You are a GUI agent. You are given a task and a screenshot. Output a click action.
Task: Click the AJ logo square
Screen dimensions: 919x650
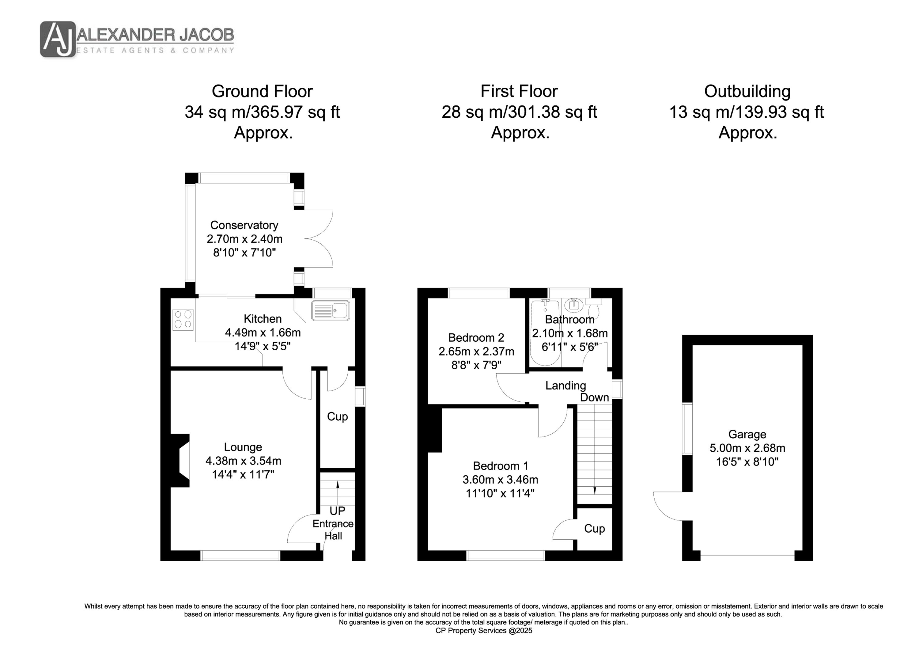pyautogui.click(x=58, y=39)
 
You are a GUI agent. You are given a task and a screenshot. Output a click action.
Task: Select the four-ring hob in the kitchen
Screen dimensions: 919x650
pyautogui.click(x=183, y=320)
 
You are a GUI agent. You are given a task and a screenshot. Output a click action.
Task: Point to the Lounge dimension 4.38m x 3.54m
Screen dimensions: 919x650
pyautogui.click(x=243, y=461)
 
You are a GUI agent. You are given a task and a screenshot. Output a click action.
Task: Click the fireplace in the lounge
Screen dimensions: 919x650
pyautogui.click(x=180, y=461)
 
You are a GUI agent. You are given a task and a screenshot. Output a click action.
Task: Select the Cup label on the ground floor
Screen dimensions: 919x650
pyautogui.click(x=337, y=417)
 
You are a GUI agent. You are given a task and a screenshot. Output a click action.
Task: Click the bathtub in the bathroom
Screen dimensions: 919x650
pyautogui.click(x=545, y=333)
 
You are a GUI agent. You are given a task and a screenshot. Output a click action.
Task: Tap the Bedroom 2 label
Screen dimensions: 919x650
pyautogui.click(x=476, y=338)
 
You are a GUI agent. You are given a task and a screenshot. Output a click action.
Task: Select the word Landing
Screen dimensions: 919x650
pyautogui.click(x=565, y=386)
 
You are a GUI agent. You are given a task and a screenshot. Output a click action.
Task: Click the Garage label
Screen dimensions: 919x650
pyautogui.click(x=747, y=434)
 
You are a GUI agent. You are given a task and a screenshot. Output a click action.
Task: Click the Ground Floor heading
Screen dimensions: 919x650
pyautogui.click(x=262, y=91)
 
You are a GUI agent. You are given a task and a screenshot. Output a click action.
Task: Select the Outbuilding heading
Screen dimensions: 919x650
pyautogui.click(x=747, y=91)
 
